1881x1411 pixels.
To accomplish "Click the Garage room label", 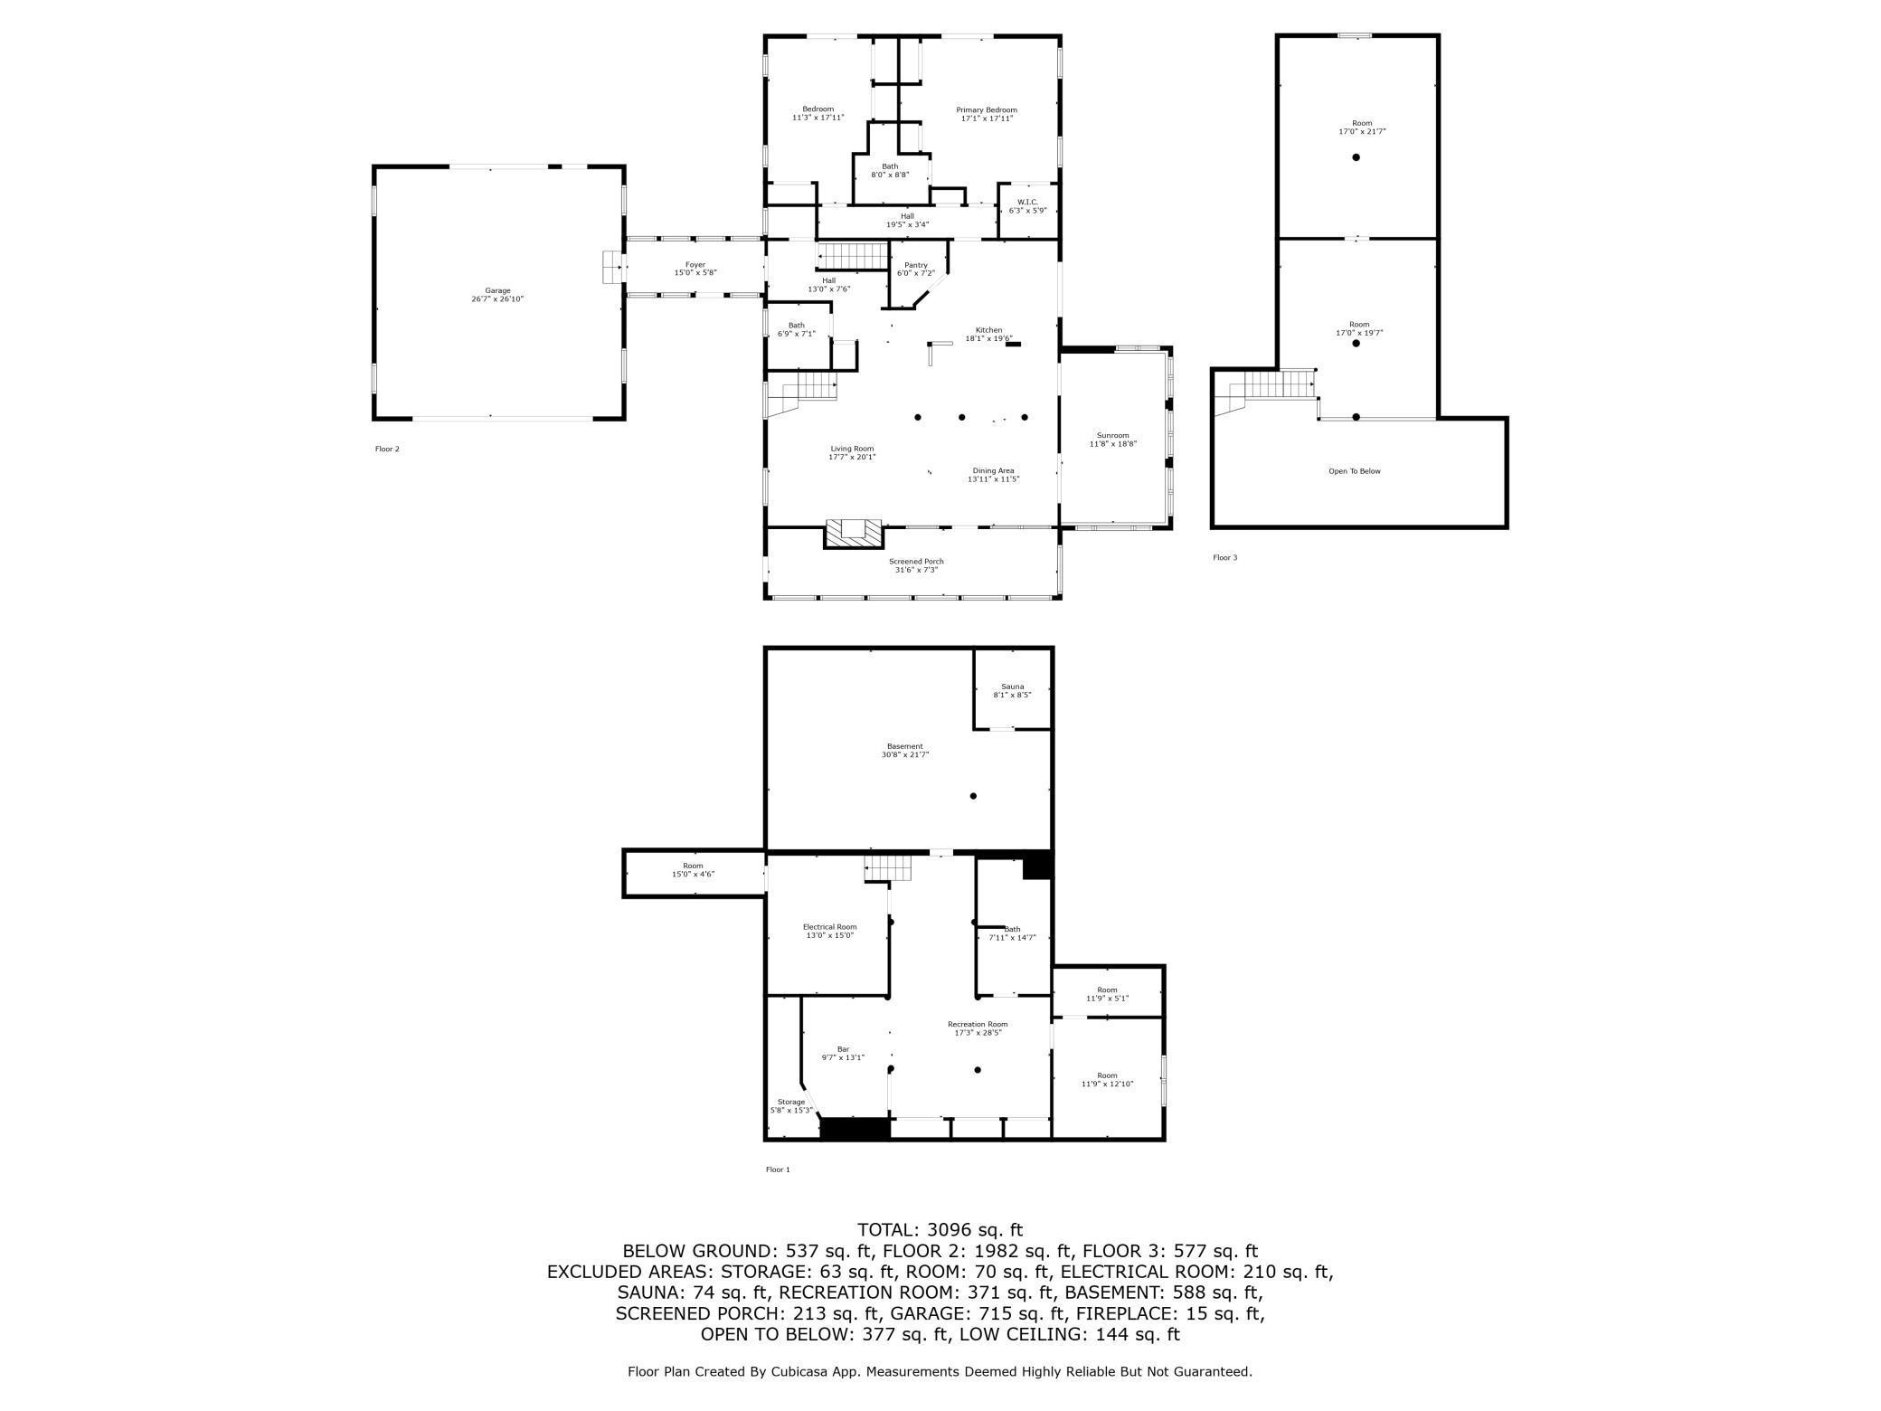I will pos(497,291).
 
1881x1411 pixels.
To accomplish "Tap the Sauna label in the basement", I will pos(1012,687).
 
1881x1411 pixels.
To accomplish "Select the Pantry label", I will pos(915,265).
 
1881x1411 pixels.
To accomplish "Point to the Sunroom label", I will pos(1112,435).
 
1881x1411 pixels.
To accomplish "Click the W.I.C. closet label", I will pos(1027,203).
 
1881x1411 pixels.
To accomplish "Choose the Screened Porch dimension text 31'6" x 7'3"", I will pos(916,570).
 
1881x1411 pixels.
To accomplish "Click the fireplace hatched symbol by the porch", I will pos(854,533).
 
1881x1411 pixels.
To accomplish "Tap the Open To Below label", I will pos(1354,471).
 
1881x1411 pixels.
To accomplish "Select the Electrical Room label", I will pos(829,927).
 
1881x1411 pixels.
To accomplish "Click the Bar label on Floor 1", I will pos(843,1049).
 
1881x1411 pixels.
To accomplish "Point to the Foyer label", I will pos(695,265).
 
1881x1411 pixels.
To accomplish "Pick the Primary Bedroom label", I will pos(987,110).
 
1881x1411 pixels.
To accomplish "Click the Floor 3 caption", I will pos(1224,558).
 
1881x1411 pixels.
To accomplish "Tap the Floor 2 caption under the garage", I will pos(387,450).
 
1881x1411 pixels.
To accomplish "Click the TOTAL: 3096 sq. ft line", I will pos(940,1230).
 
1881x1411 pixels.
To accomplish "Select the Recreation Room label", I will pos(977,1024).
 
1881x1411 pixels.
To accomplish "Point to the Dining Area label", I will pos(993,470).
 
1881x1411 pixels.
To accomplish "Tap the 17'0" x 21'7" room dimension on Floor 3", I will pos(1362,132).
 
